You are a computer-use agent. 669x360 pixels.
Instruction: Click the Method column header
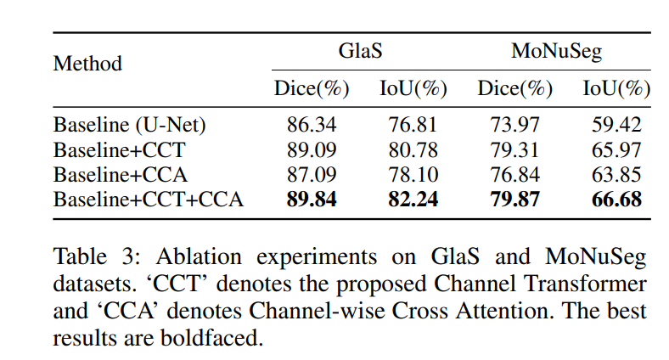point(87,64)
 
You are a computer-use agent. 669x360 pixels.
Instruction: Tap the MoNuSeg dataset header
point(556,51)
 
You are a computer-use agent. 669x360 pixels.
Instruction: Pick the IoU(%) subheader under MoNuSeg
point(616,88)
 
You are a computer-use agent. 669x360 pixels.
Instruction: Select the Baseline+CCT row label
point(119,150)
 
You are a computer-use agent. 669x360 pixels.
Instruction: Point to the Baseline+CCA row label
point(120,175)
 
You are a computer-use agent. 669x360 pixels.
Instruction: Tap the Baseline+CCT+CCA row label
point(149,200)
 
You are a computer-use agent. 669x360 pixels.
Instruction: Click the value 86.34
point(312,125)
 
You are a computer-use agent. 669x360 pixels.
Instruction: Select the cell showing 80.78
point(413,150)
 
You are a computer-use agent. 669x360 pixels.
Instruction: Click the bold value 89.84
point(312,200)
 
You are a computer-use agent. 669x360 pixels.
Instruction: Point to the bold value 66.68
point(616,200)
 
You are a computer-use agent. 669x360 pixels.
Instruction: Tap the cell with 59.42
point(616,125)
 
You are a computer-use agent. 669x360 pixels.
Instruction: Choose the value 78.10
point(413,175)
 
